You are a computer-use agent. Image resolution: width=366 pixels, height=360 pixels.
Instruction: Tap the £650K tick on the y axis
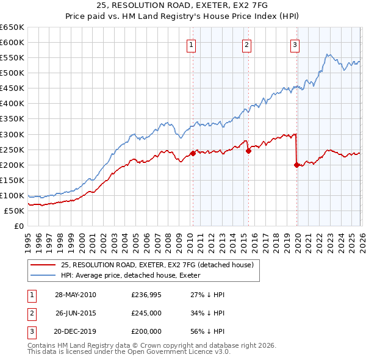12,27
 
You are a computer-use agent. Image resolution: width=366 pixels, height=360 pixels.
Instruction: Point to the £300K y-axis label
12,134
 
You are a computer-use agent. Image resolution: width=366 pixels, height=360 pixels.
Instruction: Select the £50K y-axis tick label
14,211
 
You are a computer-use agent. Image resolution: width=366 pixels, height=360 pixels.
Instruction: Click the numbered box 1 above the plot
192,45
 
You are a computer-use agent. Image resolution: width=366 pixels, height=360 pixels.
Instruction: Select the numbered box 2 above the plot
246,45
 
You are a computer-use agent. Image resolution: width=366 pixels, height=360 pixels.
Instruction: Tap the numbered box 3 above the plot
295,45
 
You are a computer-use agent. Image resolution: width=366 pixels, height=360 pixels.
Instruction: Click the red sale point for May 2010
193,153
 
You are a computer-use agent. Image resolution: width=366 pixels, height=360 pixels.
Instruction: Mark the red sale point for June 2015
248,151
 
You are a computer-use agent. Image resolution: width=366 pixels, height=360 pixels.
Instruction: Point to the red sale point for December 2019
296,165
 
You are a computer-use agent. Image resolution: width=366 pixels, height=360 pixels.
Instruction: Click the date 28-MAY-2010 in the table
76,295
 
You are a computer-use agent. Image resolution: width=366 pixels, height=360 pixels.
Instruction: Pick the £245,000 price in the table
146,313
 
